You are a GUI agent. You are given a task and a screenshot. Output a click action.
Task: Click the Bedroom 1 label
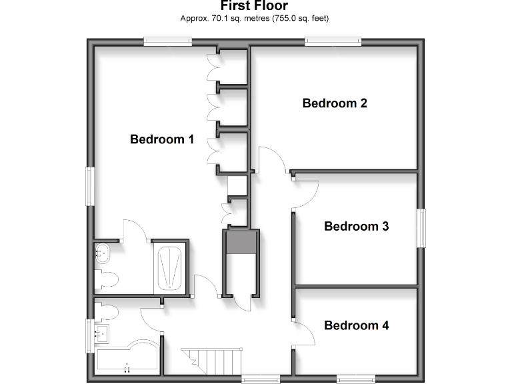point(162,139)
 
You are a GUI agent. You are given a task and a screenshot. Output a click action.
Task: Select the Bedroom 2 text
point(335,103)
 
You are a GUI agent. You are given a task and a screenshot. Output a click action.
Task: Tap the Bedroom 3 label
point(356,226)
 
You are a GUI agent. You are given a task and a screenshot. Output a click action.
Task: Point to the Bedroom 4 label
point(356,325)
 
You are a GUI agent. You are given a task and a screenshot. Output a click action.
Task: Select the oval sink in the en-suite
point(103,252)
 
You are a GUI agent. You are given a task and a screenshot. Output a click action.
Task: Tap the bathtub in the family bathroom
point(127,360)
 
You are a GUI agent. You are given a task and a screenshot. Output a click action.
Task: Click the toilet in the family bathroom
point(107,311)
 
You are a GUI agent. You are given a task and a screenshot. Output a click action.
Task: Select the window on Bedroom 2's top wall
point(333,42)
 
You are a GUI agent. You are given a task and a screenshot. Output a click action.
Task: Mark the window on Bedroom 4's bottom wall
point(356,379)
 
